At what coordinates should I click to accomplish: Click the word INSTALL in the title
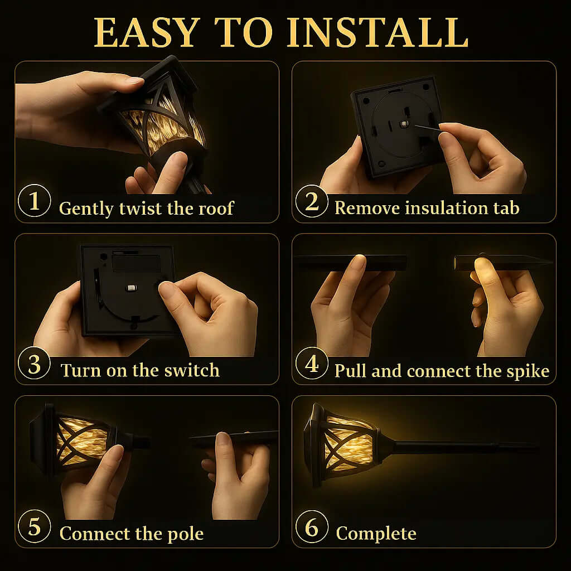[x=378, y=32]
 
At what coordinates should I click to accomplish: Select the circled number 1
[x=34, y=201]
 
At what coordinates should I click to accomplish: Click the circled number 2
[x=312, y=201]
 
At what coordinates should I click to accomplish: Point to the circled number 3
[x=34, y=363]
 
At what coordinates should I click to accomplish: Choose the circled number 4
[x=312, y=363]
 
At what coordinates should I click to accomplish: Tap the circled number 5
[x=34, y=526]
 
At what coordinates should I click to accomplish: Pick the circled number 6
[x=312, y=526]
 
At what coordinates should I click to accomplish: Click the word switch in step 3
[x=192, y=370]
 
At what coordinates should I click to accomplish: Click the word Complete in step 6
[x=376, y=534]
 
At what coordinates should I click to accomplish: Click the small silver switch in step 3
[x=131, y=288]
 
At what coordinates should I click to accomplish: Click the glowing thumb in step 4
[x=485, y=272]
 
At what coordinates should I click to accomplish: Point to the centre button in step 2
[x=404, y=124]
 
